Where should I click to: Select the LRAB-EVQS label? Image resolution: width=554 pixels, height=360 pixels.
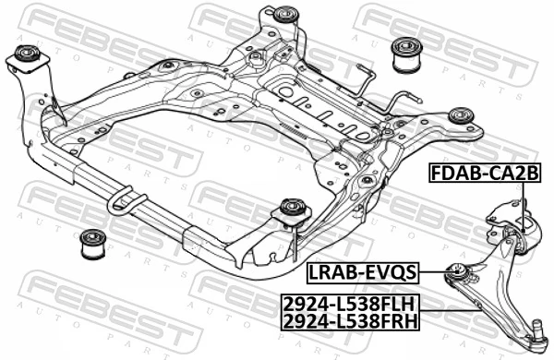pyautogui.click(x=362, y=271)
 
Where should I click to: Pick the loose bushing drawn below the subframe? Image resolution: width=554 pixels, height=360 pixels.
pyautogui.click(x=91, y=245)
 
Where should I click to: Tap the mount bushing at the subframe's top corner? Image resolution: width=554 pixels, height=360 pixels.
pyautogui.click(x=286, y=16)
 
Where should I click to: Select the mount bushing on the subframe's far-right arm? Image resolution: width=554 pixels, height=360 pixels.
pyautogui.click(x=460, y=116)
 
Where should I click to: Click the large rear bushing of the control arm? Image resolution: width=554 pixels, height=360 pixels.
pyautogui.click(x=524, y=229)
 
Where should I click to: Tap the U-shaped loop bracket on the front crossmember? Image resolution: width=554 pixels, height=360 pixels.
pyautogui.click(x=124, y=202)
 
